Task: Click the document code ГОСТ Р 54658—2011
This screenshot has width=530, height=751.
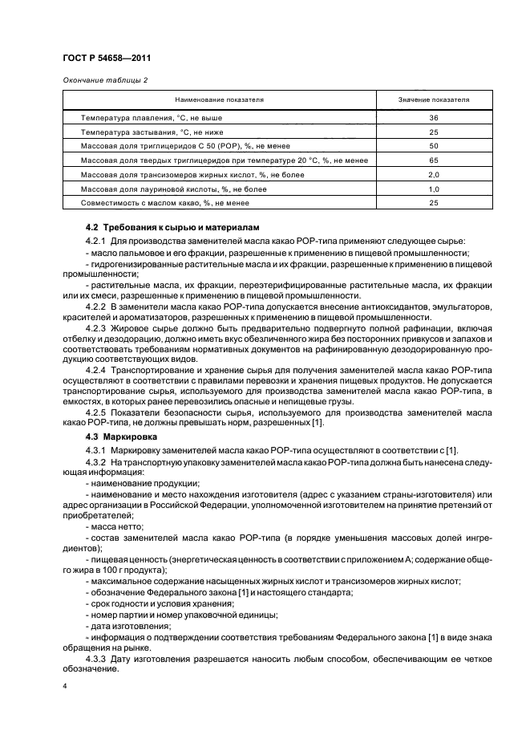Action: tap(107, 59)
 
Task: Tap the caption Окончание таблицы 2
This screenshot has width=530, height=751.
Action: tap(104, 79)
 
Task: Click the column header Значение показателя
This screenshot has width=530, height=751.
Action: tap(434, 99)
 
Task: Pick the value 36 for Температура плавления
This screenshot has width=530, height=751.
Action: tap(434, 117)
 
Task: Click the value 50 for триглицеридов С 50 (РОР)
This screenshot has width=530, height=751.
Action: tap(434, 146)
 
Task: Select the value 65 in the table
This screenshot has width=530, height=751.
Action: tap(434, 160)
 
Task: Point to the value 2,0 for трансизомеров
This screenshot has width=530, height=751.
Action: tap(434, 174)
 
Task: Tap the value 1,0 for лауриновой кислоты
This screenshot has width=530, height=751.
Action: tap(434, 189)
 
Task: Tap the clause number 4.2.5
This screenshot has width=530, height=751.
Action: tap(98, 412)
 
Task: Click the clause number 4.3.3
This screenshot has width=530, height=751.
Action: tap(98, 660)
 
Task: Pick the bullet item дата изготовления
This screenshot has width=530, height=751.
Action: tap(128, 625)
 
